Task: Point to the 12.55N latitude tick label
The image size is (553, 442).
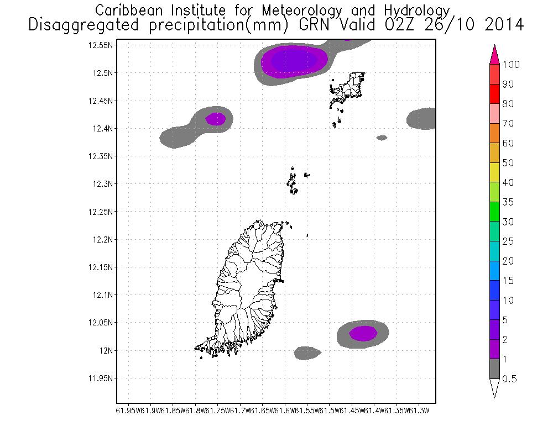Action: [x=101, y=45]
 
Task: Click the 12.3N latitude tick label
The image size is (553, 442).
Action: [x=103, y=184]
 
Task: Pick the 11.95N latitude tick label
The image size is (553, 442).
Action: [x=101, y=378]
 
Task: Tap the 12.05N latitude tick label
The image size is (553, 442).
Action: [x=101, y=323]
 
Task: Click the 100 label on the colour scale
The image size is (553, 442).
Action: [x=512, y=65]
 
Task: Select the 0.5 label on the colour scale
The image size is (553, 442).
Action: [x=510, y=378]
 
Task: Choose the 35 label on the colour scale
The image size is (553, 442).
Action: [x=508, y=202]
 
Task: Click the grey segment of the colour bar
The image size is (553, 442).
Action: [x=494, y=369]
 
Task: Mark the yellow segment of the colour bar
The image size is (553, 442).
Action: [x=494, y=172]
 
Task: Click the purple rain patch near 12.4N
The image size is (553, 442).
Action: [x=216, y=119]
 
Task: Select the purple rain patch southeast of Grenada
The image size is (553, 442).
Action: [x=363, y=333]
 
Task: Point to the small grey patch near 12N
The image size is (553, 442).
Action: [x=307, y=352]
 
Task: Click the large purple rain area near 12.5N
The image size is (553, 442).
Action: [x=294, y=60]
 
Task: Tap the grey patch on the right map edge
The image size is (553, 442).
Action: [x=422, y=118]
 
